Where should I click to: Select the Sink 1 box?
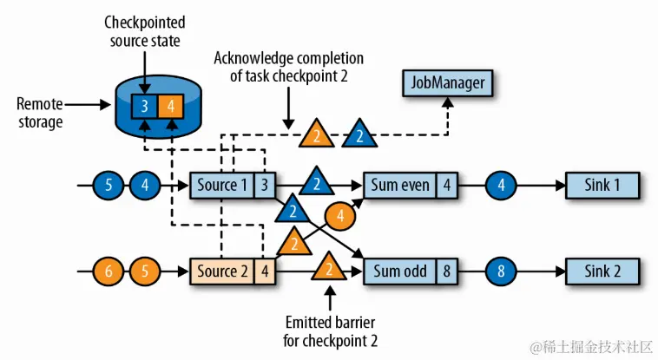point(603,184)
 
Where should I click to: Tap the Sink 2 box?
point(603,271)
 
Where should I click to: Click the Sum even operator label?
point(398,184)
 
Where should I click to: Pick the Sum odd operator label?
point(399,271)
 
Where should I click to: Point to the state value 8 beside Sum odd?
point(445,271)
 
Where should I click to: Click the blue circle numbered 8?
point(501,271)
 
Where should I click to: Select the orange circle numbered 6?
point(110,271)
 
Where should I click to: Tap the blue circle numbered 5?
point(110,184)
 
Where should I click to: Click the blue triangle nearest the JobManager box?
point(359,134)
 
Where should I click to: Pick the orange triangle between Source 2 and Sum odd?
point(329,269)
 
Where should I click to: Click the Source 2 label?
point(220,271)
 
